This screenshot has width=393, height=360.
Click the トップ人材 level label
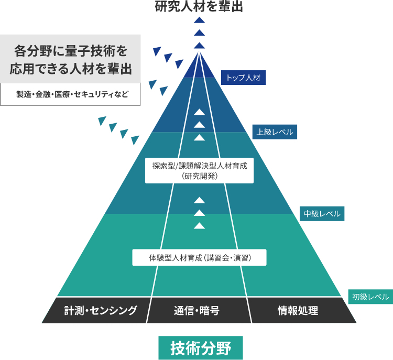[244, 78]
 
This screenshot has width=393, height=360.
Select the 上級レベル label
[275, 132]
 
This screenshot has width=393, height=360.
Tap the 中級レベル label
[322, 214]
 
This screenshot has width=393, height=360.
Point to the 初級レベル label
[370, 297]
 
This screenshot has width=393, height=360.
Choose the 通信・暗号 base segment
[196, 310]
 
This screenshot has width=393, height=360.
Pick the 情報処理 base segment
[298, 310]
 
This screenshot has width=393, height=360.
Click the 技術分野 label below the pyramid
[200, 347]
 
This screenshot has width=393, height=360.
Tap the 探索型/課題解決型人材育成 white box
[199, 170]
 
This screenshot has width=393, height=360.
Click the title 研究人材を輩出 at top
[199, 7]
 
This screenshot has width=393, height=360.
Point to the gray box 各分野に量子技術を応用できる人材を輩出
[70, 59]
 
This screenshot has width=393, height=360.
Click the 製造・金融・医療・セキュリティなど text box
[70, 94]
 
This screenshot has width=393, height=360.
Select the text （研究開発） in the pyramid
[199, 177]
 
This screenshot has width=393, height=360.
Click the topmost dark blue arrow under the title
[199, 20]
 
